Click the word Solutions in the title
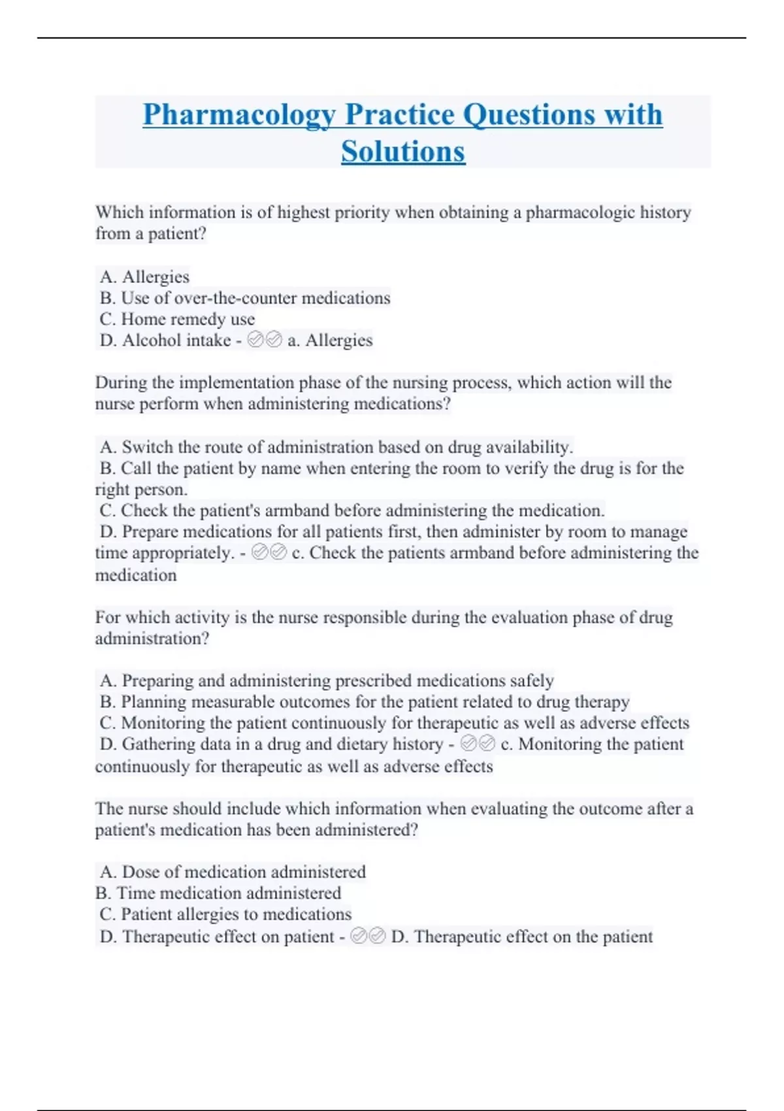403,152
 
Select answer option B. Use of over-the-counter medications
245,298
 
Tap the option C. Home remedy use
177,319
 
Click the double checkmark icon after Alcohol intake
265,340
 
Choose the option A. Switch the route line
336,447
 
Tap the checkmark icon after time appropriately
269,553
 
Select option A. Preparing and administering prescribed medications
327,681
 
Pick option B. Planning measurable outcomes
365,702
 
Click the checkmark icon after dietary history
478,744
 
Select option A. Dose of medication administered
233,872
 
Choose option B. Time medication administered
218,893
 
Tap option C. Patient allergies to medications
225,914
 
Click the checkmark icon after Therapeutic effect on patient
368,937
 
